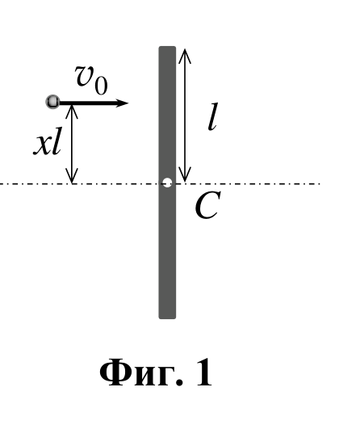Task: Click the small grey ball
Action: [x=52, y=102]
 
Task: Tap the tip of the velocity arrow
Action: [x=128, y=103]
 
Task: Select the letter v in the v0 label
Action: [x=85, y=76]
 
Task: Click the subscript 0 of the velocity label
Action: [x=101, y=86]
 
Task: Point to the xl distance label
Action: [x=47, y=141]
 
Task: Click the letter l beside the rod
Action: [x=213, y=116]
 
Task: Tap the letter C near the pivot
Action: [x=208, y=205]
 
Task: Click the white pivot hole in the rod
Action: [x=167, y=183]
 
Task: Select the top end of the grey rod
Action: [x=167, y=47]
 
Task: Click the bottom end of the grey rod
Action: [x=167, y=318]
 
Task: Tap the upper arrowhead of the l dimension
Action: [x=185, y=49]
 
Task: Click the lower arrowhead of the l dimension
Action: [x=185, y=181]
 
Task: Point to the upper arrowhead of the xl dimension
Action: [x=72, y=105]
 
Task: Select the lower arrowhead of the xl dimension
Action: [x=72, y=183]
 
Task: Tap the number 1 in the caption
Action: [x=203, y=372]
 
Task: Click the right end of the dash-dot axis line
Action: [x=320, y=183]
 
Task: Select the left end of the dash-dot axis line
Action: [x=1, y=183]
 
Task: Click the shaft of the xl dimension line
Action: [x=72, y=144]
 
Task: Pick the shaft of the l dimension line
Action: [x=185, y=116]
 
